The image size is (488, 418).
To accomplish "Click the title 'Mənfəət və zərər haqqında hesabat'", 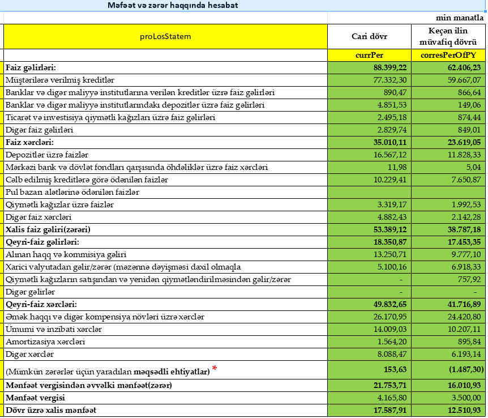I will click(173, 5).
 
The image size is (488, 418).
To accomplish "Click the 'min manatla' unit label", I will click(460, 18).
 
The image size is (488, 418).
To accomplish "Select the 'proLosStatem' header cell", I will click(165, 37).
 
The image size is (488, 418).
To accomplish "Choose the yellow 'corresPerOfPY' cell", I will click(448, 56).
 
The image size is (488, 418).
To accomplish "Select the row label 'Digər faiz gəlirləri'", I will click(41, 130).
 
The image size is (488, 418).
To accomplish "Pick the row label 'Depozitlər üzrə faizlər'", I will click(47, 155).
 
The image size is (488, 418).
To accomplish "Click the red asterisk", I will click(215, 369).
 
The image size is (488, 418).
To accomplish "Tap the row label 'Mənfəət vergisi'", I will click(36, 398).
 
